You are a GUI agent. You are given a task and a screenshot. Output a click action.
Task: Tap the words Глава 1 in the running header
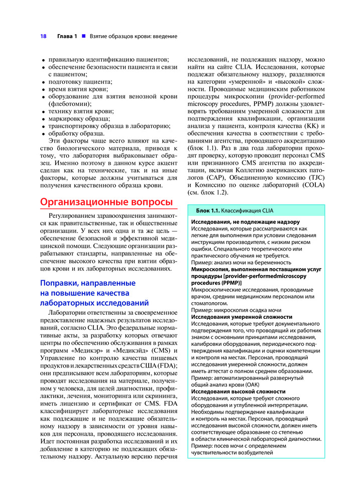coord(67,36)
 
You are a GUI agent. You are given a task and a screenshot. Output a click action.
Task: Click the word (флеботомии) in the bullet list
coord(70,104)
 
